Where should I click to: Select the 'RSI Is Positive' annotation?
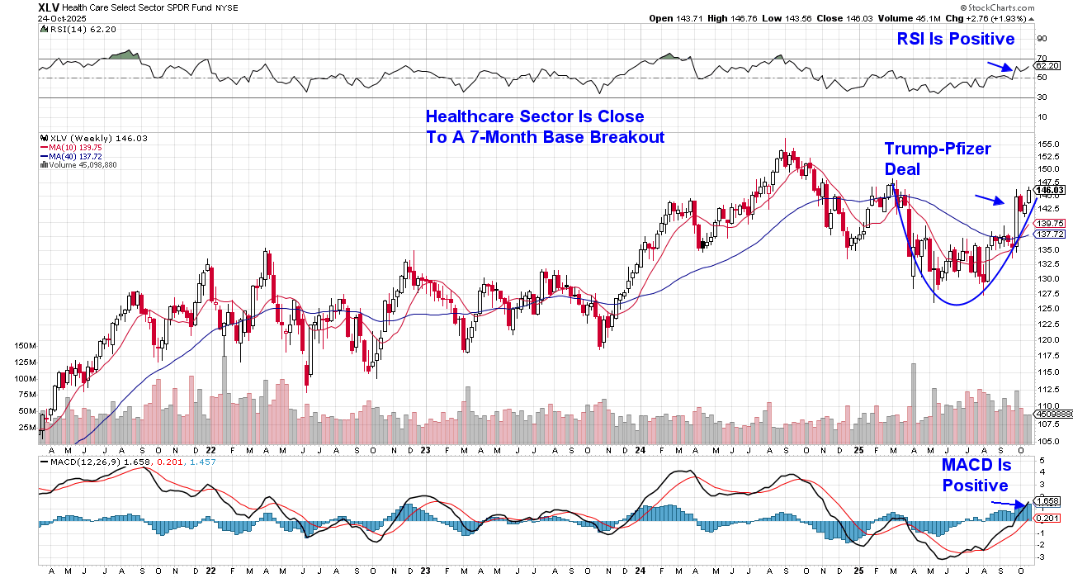click(955, 39)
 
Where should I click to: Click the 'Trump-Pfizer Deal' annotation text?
click(937, 159)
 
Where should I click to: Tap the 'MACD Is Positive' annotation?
click(976, 476)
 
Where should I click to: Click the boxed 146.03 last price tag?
click(1051, 190)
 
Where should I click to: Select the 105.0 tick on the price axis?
click(1048, 441)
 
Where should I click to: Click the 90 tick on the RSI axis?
click(1042, 38)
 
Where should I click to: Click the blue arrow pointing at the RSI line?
click(999, 67)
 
